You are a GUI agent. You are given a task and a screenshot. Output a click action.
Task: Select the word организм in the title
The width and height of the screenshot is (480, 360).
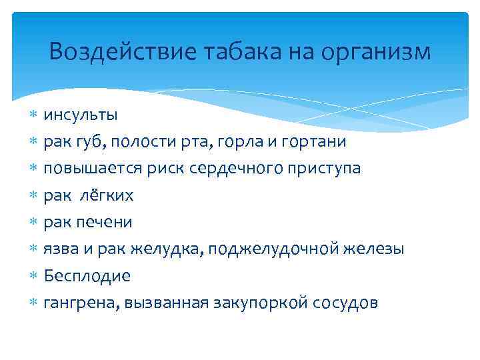tap(377, 51)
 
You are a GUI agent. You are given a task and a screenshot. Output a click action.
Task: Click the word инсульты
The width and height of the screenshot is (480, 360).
tap(81, 115)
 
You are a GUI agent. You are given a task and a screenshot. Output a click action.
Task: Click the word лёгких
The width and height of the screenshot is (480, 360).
tap(111, 195)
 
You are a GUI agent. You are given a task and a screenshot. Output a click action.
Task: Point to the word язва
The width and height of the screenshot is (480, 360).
tap(61, 249)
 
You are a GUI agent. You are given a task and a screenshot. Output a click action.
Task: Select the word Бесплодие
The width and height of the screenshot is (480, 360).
tap(87, 275)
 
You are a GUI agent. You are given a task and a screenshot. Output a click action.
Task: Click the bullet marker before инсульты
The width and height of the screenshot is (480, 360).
tap(34, 115)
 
